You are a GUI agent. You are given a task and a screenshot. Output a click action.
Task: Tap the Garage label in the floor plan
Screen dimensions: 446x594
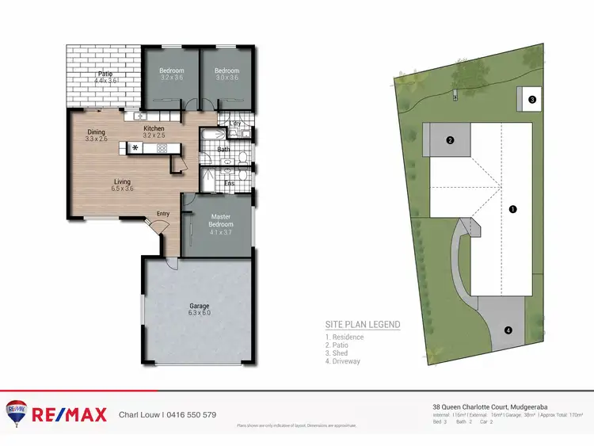tap(199, 306)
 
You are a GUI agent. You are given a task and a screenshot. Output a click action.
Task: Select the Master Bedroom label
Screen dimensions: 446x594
tap(220, 220)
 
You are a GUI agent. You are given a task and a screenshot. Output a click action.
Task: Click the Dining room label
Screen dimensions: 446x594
tap(96, 132)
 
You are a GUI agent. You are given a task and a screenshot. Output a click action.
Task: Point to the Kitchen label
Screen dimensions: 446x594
tap(154, 128)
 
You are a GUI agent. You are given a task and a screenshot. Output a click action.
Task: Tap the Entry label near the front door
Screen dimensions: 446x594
tap(162, 213)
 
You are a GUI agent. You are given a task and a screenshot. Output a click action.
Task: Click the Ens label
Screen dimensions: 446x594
tap(229, 184)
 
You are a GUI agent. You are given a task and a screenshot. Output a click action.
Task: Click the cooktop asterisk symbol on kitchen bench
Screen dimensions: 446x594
tap(135, 147)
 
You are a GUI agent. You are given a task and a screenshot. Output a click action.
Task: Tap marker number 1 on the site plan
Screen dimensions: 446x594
tap(512, 209)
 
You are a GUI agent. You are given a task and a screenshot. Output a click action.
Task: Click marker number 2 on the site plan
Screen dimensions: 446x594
tap(449, 141)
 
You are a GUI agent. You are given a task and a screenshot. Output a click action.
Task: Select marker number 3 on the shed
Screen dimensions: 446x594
tap(532, 100)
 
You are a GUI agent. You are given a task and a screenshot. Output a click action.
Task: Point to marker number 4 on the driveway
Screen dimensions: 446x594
tap(508, 330)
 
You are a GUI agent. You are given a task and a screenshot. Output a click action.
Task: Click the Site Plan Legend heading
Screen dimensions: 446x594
tap(363, 325)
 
